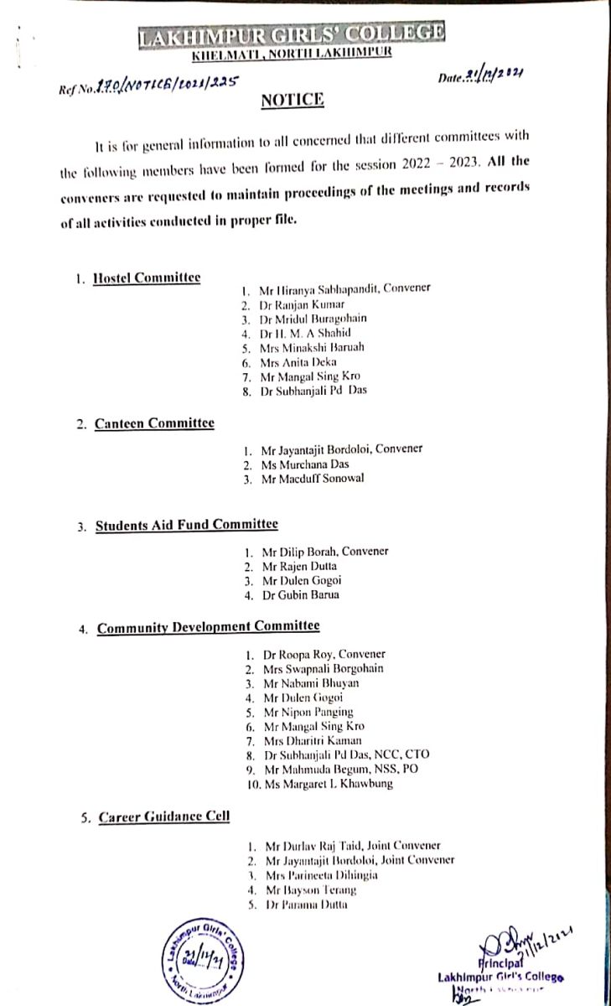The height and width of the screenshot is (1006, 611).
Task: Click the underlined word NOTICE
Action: [293, 101]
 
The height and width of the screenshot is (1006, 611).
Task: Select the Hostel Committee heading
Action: [147, 277]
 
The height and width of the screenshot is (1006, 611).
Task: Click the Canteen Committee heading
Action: [153, 423]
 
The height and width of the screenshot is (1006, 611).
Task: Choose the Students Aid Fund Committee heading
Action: [186, 525]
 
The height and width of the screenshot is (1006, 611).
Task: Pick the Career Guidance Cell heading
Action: [164, 817]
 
